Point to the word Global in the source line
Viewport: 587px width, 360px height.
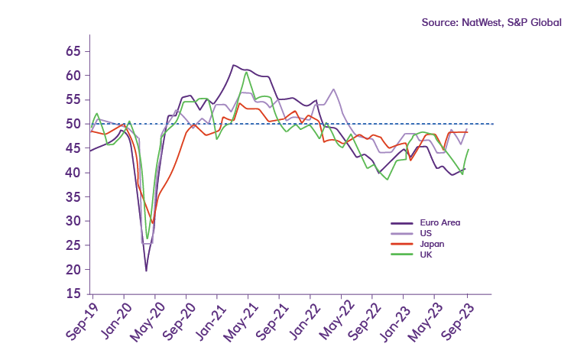(x=545, y=22)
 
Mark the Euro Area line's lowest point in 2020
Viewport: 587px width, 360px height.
(x=146, y=271)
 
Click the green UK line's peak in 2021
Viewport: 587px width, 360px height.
(x=245, y=73)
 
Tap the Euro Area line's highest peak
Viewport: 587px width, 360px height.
(x=233, y=65)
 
